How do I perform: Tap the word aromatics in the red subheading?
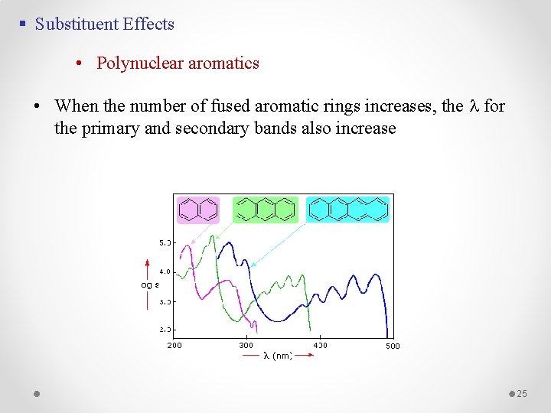(x=223, y=63)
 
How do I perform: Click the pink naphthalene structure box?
(x=198, y=209)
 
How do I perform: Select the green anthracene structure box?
(x=266, y=209)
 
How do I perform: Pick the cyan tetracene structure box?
(x=348, y=209)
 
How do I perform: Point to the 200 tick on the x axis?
(x=174, y=345)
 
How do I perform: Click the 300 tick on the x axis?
(x=246, y=345)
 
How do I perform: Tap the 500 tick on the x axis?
(x=392, y=346)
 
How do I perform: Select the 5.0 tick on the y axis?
(x=165, y=242)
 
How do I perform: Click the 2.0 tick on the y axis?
(x=165, y=329)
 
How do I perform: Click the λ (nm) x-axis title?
(x=278, y=356)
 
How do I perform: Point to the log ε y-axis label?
(x=149, y=285)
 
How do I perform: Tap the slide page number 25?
(x=522, y=393)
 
